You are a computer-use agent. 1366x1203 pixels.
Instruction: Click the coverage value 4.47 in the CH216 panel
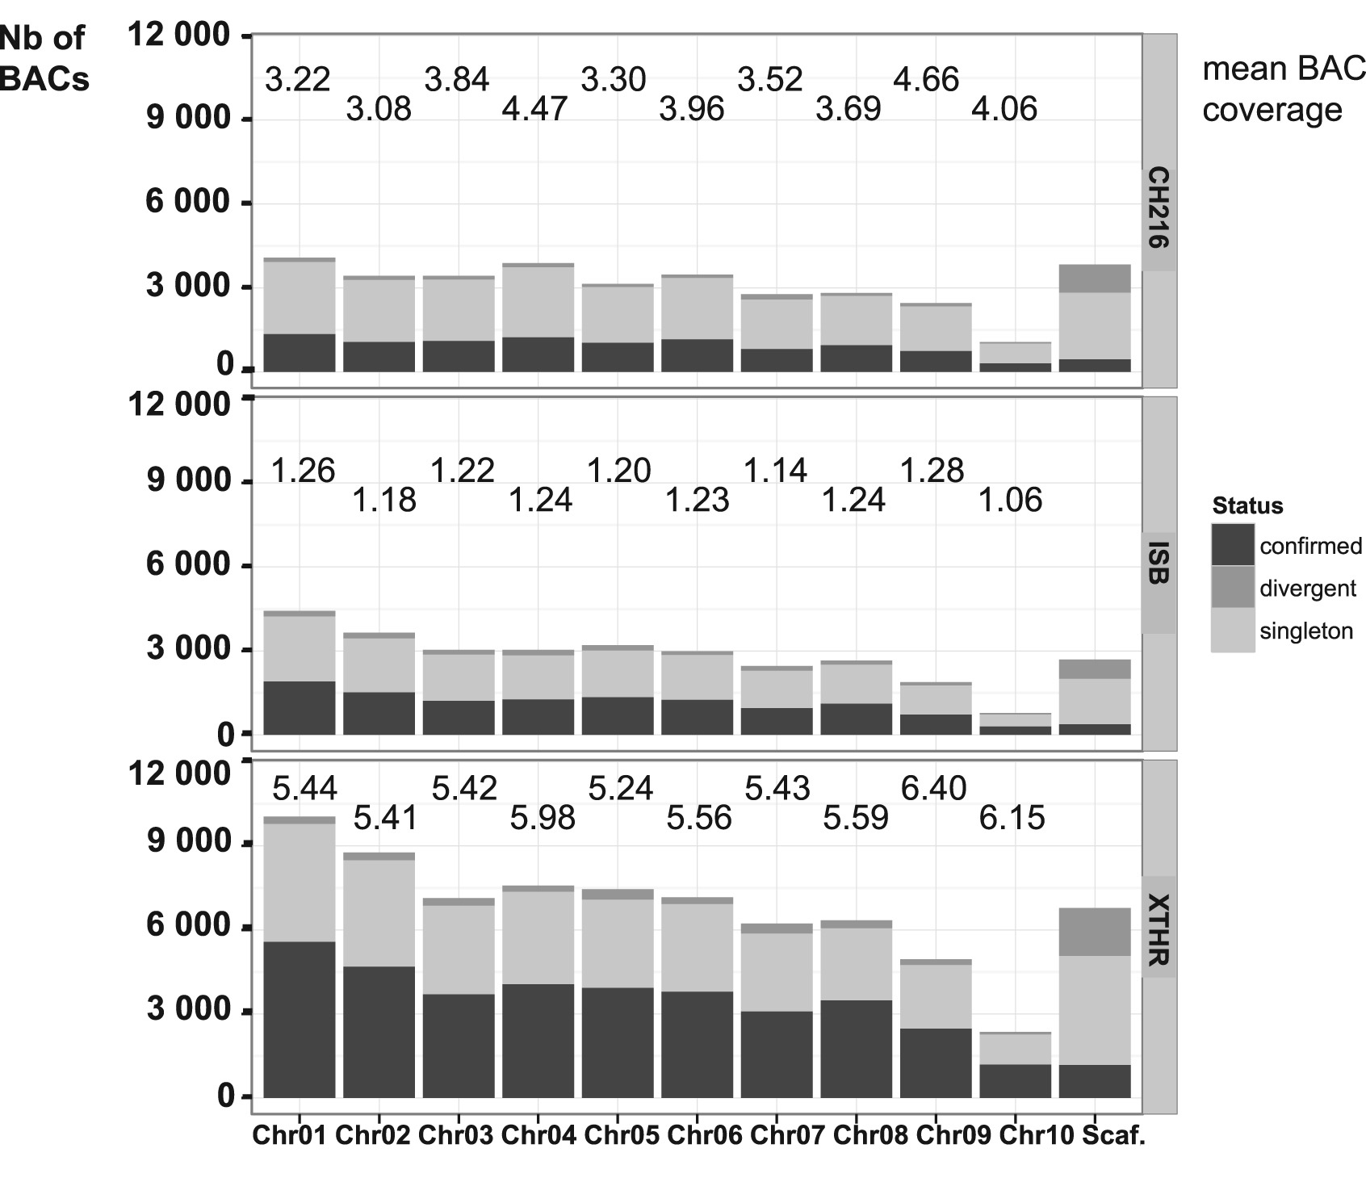(x=535, y=109)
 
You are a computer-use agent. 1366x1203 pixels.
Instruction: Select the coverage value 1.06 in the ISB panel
(x=1010, y=501)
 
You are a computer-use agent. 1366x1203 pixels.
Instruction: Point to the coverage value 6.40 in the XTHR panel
(x=933, y=788)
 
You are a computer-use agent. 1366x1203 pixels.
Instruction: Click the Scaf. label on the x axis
(x=1113, y=1135)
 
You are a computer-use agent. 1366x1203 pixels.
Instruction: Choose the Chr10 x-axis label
(x=1036, y=1135)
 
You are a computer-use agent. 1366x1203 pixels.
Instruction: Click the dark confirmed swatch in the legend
(x=1232, y=545)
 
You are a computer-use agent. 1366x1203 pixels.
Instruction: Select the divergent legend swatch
(x=1232, y=588)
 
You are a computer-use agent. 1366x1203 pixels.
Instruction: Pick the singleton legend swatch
(x=1232, y=631)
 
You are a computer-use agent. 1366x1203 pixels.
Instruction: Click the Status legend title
(x=1247, y=506)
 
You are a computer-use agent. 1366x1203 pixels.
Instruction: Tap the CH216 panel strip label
(x=1159, y=207)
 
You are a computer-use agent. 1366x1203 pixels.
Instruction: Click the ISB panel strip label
(x=1159, y=562)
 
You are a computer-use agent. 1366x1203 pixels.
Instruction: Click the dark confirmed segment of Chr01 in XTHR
(x=300, y=1019)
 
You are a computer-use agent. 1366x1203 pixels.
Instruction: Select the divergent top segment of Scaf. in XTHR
(x=1094, y=932)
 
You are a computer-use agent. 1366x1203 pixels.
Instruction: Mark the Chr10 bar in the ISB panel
(x=1015, y=724)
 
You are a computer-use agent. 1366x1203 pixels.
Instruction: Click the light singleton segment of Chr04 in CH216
(x=538, y=301)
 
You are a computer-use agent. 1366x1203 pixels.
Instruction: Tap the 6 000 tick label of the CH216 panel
(x=188, y=201)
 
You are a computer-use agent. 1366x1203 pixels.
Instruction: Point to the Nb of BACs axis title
(x=44, y=58)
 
